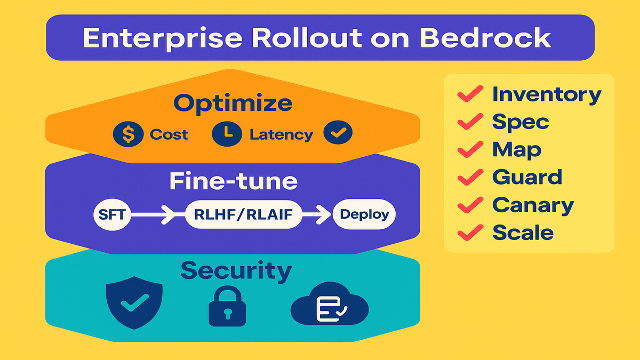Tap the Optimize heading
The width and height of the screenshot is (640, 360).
233,103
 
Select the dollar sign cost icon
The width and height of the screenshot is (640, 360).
128,134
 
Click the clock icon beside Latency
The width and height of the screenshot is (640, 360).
227,134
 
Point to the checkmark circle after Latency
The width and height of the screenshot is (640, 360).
338,134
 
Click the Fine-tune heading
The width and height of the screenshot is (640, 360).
233,182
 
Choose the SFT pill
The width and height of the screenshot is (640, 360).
112,215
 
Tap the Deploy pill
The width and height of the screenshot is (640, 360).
364,215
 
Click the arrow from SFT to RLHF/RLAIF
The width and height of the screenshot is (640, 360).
155,215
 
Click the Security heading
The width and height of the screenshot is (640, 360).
236,270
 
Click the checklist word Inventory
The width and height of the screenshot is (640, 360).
547,94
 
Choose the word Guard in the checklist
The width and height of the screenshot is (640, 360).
527,177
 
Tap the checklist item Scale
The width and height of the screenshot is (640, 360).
523,233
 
